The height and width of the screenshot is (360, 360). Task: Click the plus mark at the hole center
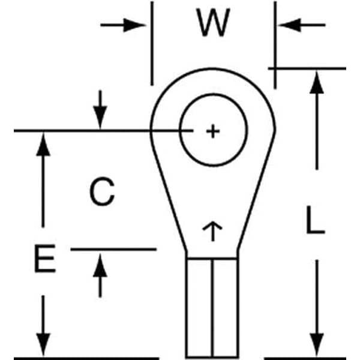(213, 131)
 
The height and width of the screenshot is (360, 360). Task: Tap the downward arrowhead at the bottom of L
(317, 345)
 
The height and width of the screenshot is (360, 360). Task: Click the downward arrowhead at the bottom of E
(43, 346)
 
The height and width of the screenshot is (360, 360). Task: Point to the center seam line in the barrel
(212, 306)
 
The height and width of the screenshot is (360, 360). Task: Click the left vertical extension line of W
(152, 42)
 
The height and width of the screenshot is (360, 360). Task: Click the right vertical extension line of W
(275, 36)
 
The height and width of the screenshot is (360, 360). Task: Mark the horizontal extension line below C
(114, 249)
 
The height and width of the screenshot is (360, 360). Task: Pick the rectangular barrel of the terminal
(200, 306)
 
